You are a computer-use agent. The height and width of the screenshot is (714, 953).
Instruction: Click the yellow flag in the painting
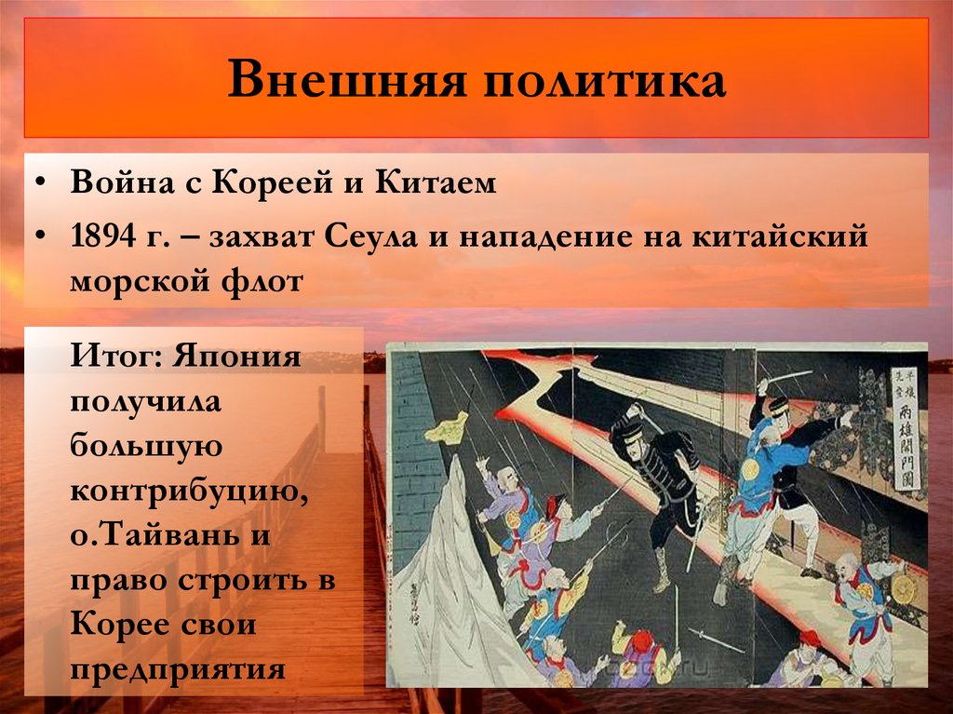pos(447,428)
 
